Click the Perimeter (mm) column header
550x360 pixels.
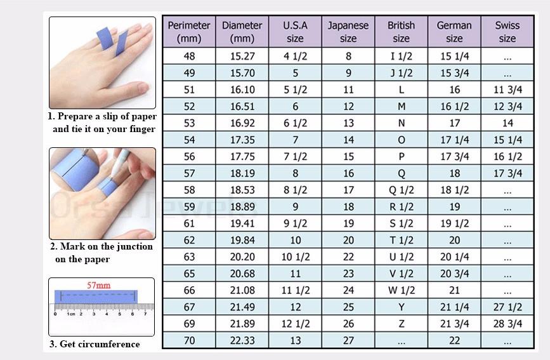189,32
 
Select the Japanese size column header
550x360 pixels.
348,32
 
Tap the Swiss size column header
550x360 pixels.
507,32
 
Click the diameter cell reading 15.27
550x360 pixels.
242,56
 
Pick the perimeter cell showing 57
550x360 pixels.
189,173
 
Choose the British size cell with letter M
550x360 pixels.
401,106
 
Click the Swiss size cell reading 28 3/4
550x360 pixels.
507,324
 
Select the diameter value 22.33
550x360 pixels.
242,341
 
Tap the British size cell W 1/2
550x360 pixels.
401,290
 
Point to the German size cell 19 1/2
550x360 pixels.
454,223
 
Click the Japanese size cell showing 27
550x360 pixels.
348,341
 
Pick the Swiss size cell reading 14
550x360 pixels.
507,123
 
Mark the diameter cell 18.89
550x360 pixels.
242,206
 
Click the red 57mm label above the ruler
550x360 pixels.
98,286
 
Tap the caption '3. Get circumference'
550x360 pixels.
95,344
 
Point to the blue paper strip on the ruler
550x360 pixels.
96,297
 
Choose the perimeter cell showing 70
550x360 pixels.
189,341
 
